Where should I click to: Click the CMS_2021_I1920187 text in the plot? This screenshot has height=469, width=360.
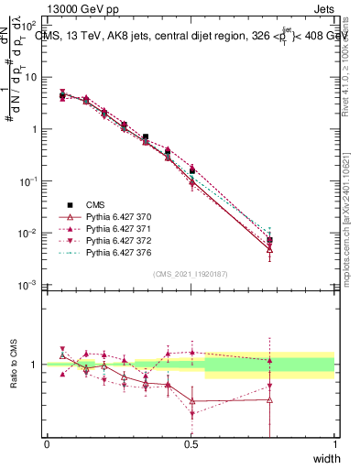pos(190,274)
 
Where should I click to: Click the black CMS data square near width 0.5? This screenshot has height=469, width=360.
pos(191,169)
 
